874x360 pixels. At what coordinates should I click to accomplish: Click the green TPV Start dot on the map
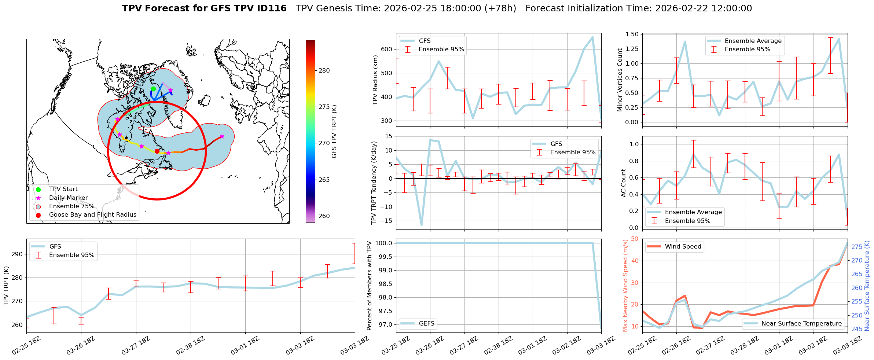point(153,89)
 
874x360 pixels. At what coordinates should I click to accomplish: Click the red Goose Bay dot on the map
point(157,151)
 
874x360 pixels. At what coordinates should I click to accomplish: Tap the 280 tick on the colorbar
point(324,70)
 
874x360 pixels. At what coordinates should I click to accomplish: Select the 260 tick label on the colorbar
point(324,216)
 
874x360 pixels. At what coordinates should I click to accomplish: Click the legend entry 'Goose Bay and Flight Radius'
point(92,215)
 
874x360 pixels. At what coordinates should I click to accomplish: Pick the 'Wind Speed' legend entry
point(683,247)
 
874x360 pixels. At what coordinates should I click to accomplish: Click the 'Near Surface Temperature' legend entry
point(801,323)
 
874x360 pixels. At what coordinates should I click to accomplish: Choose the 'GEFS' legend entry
point(426,323)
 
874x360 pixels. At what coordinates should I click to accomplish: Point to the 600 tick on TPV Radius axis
point(387,49)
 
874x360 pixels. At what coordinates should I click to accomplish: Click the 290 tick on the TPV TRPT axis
point(18,254)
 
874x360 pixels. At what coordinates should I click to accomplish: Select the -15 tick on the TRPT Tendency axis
point(386,221)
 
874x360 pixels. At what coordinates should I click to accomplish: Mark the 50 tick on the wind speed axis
point(634,239)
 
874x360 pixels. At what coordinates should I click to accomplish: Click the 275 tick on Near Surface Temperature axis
point(857,247)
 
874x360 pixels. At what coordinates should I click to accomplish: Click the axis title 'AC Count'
point(624,183)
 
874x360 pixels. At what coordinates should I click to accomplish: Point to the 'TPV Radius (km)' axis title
point(375,80)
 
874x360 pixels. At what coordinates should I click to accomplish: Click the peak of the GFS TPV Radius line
point(592,37)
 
